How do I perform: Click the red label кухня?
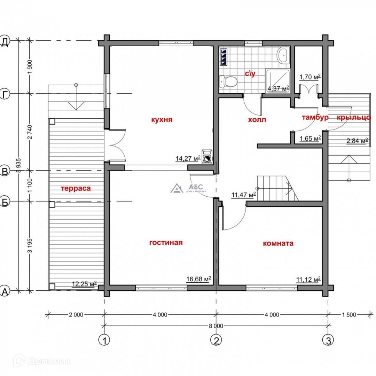162,119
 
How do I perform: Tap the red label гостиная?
166,242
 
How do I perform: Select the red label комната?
278,243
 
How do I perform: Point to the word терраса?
76,188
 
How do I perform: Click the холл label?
257,119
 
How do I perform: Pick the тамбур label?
315,118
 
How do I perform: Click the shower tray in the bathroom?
278,81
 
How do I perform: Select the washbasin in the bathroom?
284,55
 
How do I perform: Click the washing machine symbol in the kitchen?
207,157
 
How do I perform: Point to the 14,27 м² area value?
188,158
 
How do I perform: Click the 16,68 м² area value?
198,279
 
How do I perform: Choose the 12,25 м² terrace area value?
84,284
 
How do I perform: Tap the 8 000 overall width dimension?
216,326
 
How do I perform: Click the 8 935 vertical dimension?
19,165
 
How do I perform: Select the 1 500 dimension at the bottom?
349,315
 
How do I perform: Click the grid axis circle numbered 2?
216,340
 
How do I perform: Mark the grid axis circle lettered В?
5,171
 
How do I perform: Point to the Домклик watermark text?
49,361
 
